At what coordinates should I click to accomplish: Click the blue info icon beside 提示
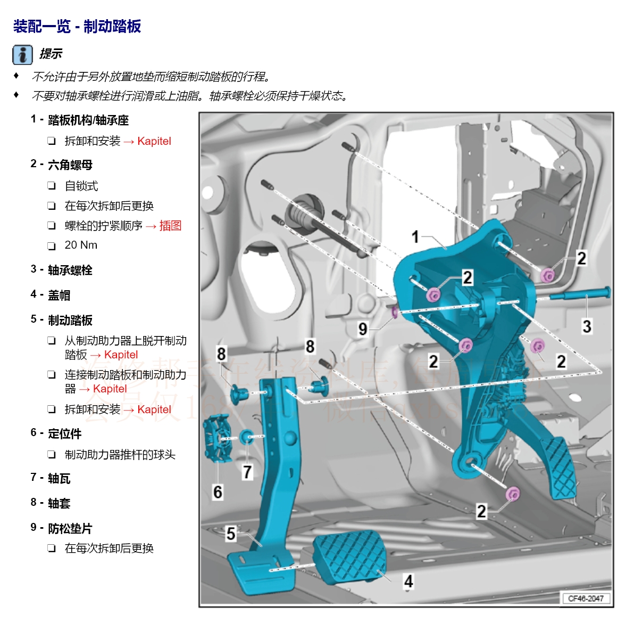[22, 54]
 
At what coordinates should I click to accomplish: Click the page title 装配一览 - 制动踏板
[77, 26]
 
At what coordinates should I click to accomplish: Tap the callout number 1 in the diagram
[415, 236]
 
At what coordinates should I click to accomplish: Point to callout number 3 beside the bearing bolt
[587, 326]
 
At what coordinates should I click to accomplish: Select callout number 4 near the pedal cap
[408, 580]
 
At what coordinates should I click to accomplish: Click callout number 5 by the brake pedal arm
[230, 533]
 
